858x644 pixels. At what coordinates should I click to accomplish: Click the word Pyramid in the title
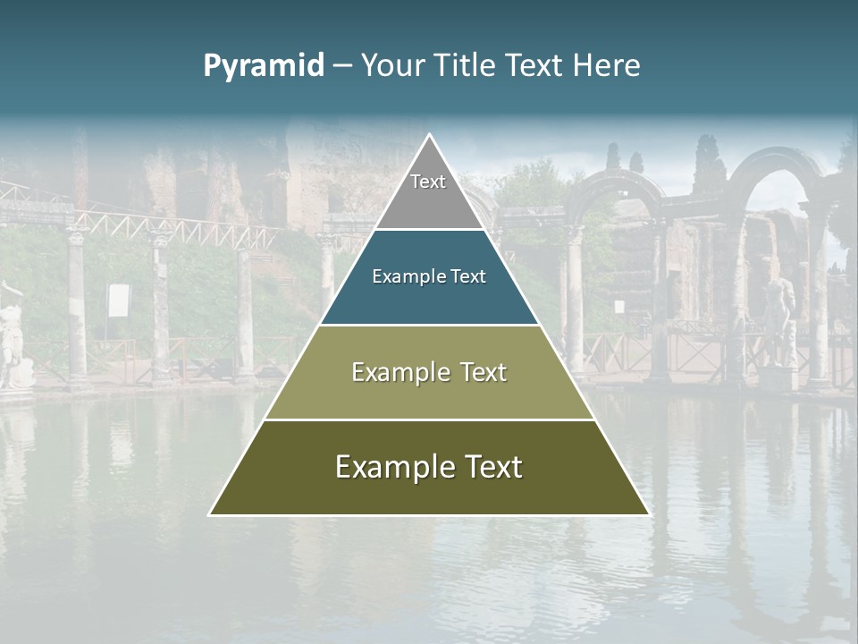[x=263, y=66]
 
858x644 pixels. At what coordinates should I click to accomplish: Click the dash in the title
[x=341, y=66]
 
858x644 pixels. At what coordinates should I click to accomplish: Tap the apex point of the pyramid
[x=429, y=135]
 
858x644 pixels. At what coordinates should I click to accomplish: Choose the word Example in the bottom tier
[x=392, y=467]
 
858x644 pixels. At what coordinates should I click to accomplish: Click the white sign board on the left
[x=119, y=301]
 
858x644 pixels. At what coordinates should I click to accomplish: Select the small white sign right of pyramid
[x=618, y=306]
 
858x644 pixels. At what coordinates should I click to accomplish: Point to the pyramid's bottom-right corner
[x=648, y=514]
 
